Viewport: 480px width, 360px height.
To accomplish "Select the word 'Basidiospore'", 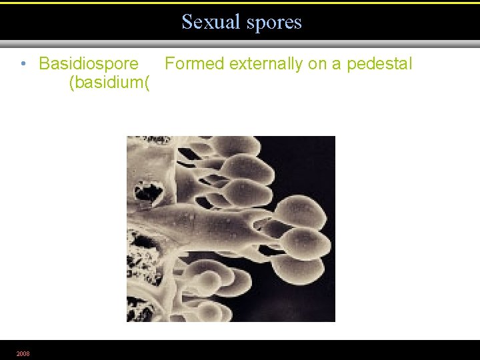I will click(89, 64).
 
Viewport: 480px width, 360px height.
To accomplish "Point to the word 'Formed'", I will click(195, 64).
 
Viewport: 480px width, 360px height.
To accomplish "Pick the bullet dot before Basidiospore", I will click(23, 64).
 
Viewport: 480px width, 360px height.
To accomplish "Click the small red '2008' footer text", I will click(23, 353).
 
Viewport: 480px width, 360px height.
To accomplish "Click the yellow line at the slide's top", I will click(240, 3).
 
